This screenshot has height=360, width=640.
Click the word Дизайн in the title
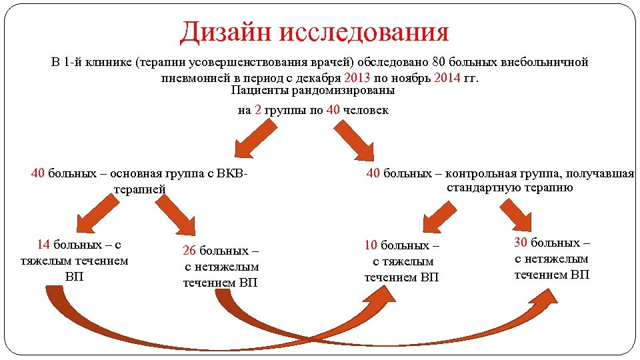[225, 31]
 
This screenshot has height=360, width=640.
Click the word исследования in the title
[363, 31]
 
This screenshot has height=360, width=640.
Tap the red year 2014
[447, 77]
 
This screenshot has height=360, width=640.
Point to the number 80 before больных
[439, 62]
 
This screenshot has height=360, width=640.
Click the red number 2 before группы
[257, 110]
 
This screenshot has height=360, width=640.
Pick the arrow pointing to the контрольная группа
[355, 140]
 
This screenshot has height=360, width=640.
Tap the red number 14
[44, 244]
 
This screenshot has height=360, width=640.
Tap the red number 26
[189, 251]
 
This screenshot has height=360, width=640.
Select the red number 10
[371, 245]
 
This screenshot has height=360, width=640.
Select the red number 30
[521, 242]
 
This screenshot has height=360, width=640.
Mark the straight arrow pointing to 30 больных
[523, 214]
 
